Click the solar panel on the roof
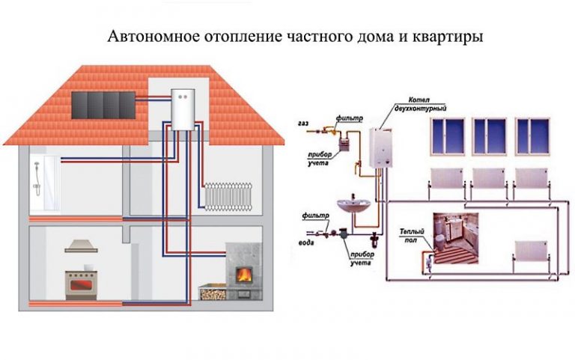pyautogui.click(x=103, y=105)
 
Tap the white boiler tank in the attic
pyautogui.click(x=183, y=110)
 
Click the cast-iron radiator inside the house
pyautogui.click(x=228, y=197)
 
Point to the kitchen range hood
pyautogui.click(x=82, y=246)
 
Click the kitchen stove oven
pyautogui.click(x=81, y=285)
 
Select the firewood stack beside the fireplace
pyautogui.click(x=213, y=293)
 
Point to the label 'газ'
pyautogui.click(x=303, y=124)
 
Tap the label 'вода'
pyautogui.click(x=306, y=242)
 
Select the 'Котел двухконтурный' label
pyautogui.click(x=420, y=104)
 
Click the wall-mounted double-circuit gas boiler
pyautogui.click(x=380, y=147)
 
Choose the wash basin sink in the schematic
pyautogui.click(x=354, y=205)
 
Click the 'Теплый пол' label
pyautogui.click(x=412, y=236)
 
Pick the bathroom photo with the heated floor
pyautogui.click(x=456, y=238)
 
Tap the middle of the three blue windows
pyautogui.click(x=489, y=136)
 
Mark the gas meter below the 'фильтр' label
pyautogui.click(x=344, y=143)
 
